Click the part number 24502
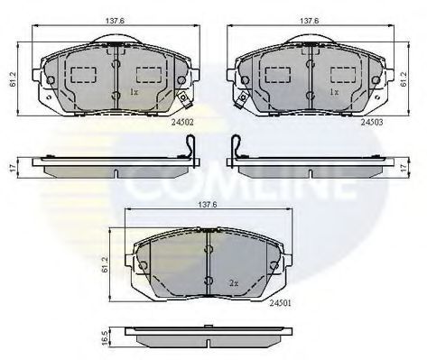click(x=182, y=123)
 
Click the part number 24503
click(x=372, y=122)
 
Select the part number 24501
click(x=280, y=303)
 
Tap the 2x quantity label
click(x=234, y=283)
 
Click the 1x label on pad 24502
click(x=134, y=92)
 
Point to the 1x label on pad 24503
click(x=334, y=92)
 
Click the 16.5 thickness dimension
click(x=105, y=338)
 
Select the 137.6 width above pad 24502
click(x=115, y=21)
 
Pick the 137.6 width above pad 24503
click(x=310, y=21)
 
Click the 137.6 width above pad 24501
click(x=208, y=205)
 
